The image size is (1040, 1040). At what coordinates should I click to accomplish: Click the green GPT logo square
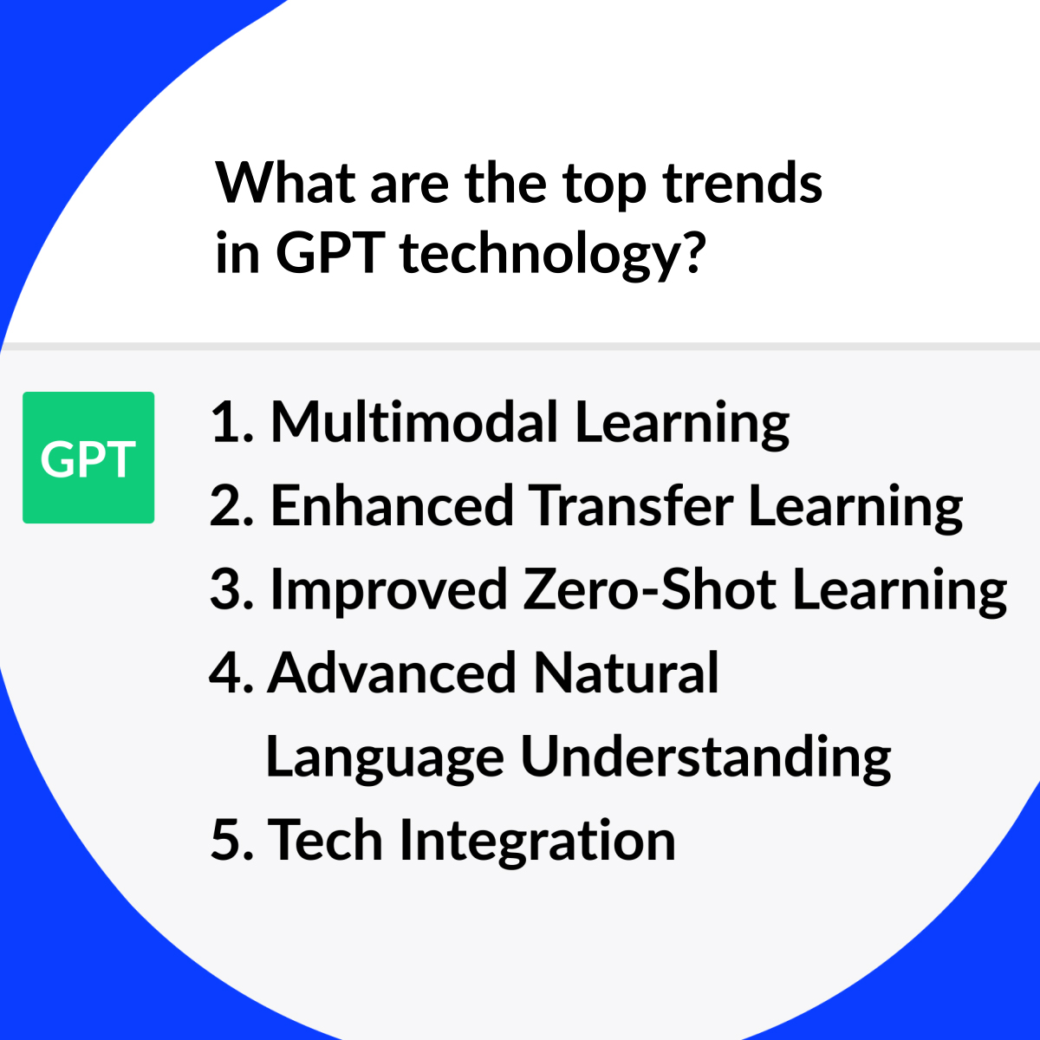coord(88,457)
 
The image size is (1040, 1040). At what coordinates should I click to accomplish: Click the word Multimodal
coord(414,421)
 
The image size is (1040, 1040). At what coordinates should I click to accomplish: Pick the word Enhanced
coord(393,505)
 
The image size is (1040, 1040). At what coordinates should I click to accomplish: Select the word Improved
coord(389,588)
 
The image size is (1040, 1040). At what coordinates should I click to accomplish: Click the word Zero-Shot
coord(650,588)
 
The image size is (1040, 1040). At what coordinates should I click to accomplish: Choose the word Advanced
coord(392,673)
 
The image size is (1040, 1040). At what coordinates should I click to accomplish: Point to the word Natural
coord(626,673)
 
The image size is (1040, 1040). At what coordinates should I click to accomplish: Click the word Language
coord(385,757)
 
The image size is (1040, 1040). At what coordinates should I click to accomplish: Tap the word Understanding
coord(705,757)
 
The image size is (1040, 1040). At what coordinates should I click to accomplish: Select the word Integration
coord(537,842)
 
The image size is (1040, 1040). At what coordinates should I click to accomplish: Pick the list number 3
coord(231,588)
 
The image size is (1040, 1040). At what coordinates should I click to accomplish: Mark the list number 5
coord(231,840)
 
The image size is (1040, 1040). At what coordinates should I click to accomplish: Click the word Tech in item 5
coord(325,840)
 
